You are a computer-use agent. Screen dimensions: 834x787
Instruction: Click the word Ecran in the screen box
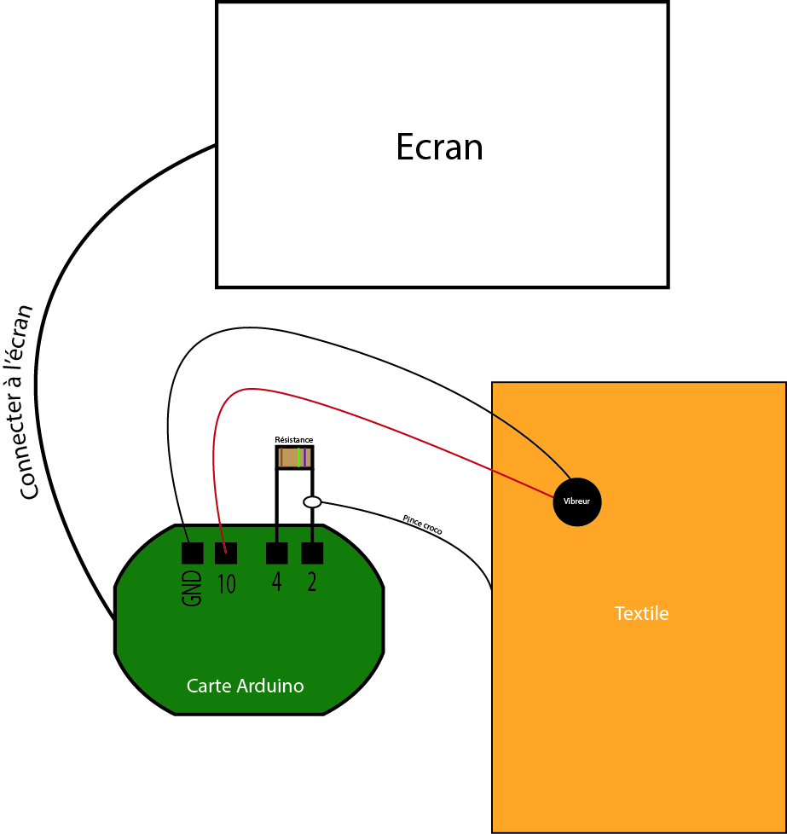[x=439, y=148]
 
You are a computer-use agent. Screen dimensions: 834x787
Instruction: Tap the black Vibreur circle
[x=577, y=501]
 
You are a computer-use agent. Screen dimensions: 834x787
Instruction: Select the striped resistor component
[x=294, y=458]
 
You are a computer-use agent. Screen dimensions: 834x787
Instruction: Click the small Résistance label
[x=293, y=440]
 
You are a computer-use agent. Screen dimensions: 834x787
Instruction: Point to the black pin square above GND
[x=192, y=553]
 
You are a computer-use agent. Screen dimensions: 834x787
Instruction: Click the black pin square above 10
[x=226, y=553]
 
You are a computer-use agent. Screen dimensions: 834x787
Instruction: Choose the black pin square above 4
[x=277, y=553]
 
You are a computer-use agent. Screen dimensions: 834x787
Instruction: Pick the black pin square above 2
[x=312, y=553]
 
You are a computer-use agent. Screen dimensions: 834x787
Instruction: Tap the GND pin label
[x=192, y=588]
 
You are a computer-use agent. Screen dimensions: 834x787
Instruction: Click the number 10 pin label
[x=226, y=584]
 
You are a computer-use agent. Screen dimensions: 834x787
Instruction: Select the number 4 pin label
[x=276, y=583]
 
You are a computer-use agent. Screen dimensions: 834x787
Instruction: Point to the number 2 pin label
[x=312, y=583]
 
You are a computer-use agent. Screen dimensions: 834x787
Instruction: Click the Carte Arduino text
[x=245, y=686]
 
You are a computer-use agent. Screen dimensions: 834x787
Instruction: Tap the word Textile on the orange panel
[x=641, y=613]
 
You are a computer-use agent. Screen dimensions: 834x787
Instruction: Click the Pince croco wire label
[x=422, y=524]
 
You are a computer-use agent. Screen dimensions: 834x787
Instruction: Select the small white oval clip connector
[x=312, y=502]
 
